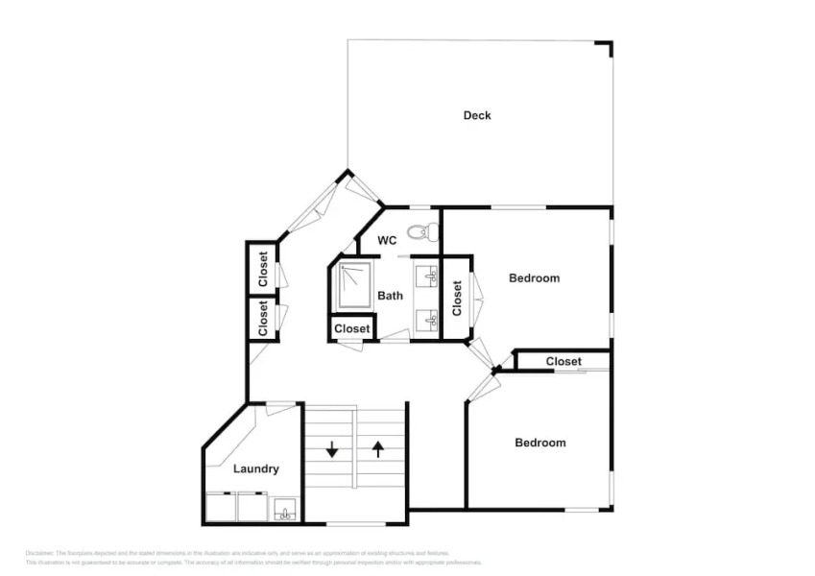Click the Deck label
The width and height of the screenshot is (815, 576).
477,115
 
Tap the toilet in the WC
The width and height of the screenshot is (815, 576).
422,231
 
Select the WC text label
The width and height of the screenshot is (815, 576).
387,240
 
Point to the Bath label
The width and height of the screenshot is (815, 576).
390,296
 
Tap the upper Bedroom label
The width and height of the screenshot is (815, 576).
534,278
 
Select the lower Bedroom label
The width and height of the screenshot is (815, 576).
539,443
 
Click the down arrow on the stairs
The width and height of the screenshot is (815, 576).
332,448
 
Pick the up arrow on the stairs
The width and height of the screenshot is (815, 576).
378,448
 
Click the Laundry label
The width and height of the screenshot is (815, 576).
256,468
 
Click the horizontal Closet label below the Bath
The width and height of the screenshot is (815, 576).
352,329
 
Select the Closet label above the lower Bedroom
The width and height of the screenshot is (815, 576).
563,361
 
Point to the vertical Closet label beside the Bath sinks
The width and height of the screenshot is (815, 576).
457,298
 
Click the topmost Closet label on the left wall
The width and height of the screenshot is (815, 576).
262,269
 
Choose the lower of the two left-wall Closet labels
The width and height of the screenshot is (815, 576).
262,319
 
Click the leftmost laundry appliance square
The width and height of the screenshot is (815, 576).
221,507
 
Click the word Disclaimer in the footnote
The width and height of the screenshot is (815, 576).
39,553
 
